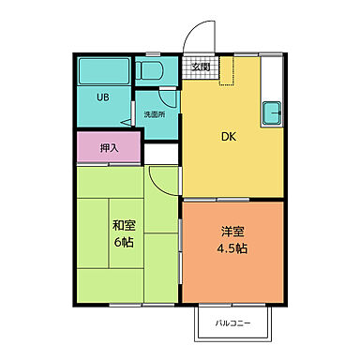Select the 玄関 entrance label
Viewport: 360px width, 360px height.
[x=201, y=67]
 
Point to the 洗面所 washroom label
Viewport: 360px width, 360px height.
[x=154, y=114]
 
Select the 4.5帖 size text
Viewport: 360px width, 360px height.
[x=233, y=249]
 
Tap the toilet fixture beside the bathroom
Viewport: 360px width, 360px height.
[x=150, y=70]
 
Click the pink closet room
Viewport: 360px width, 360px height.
[x=108, y=148]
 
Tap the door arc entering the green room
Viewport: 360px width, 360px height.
[x=161, y=180]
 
